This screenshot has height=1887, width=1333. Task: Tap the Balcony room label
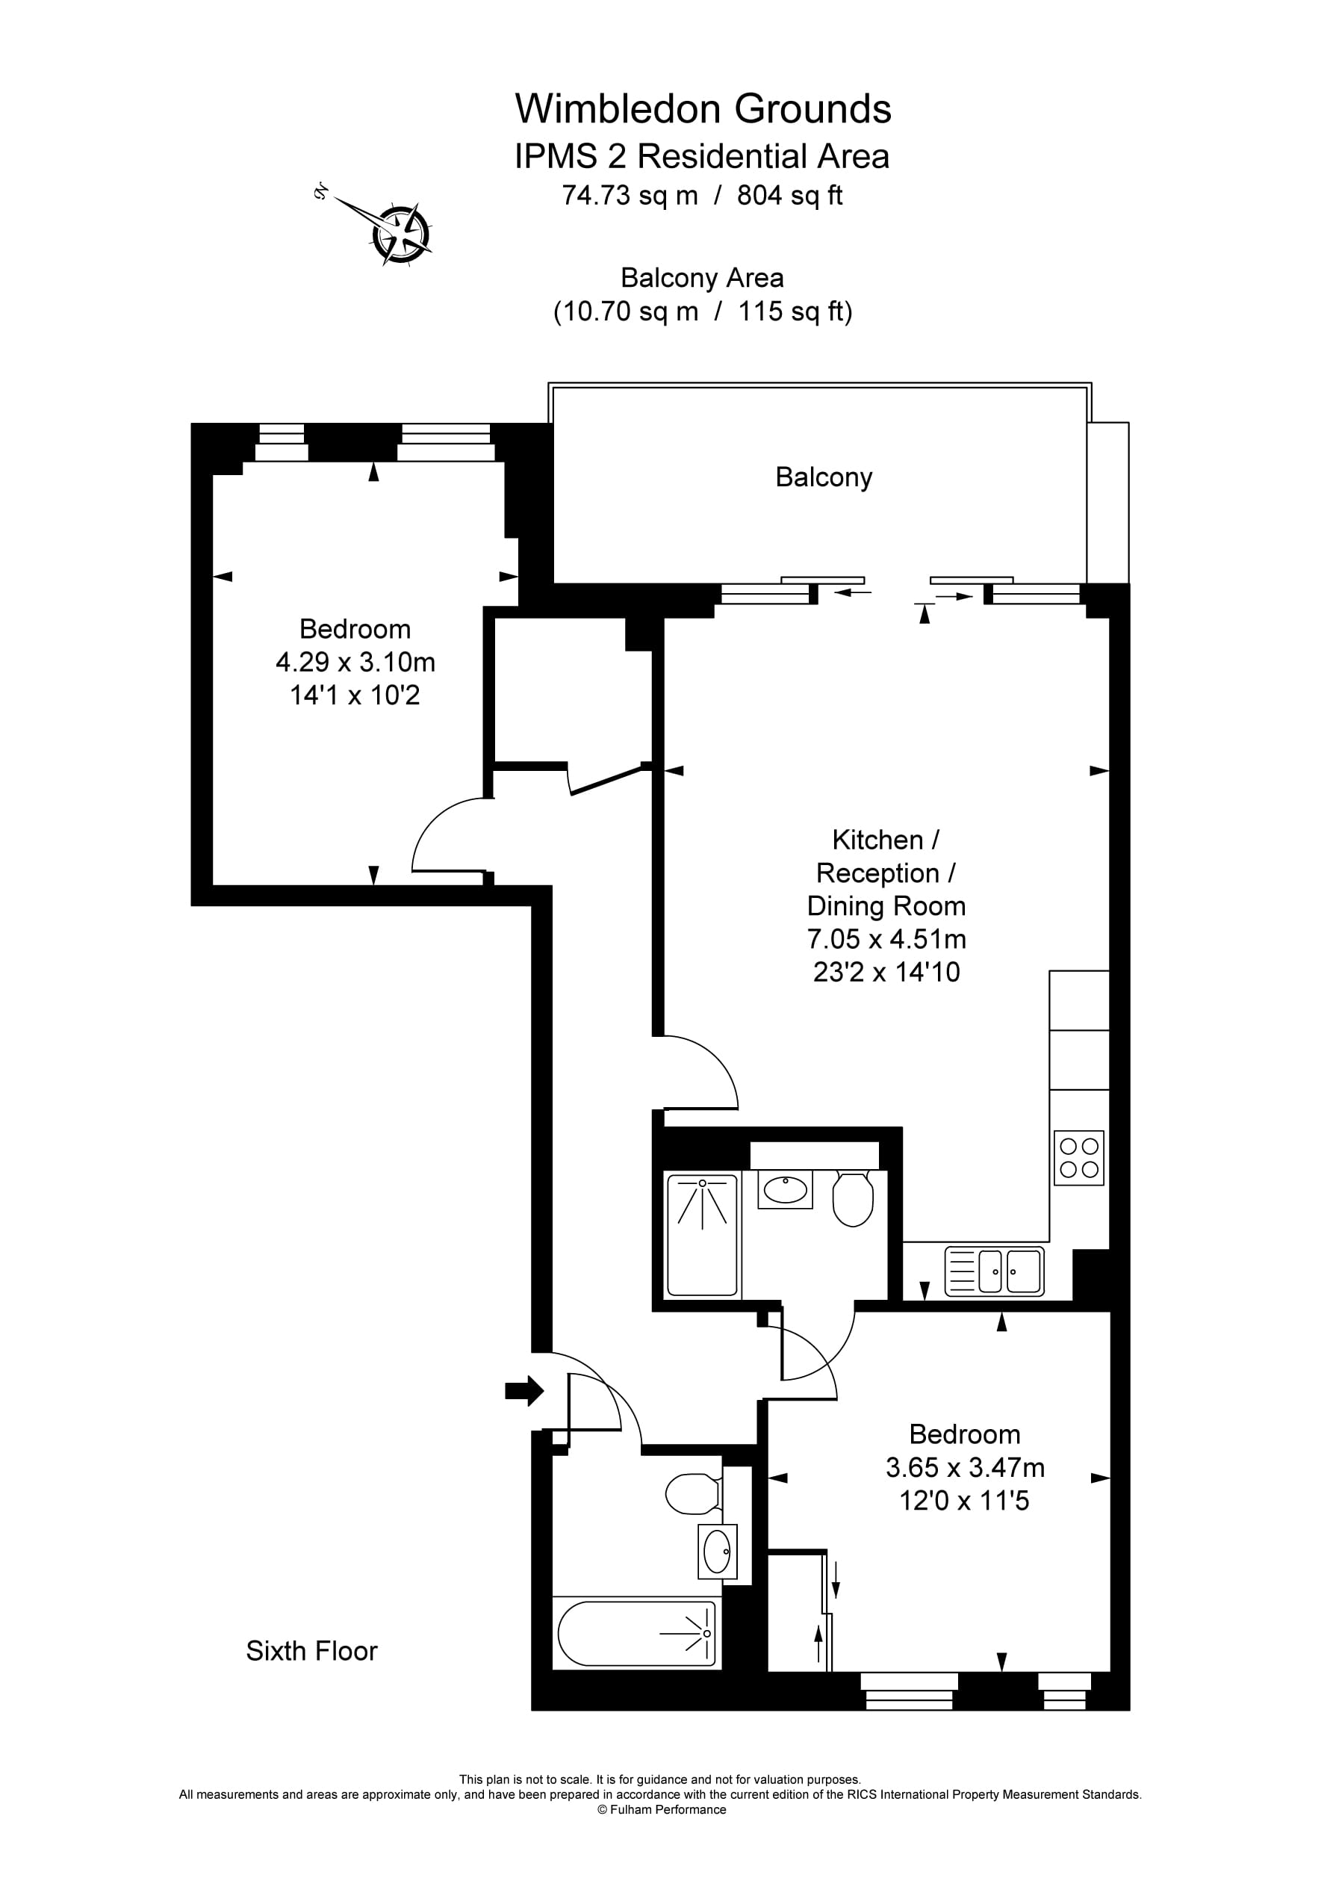[824, 477]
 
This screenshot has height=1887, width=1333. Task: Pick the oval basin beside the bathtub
[717, 1551]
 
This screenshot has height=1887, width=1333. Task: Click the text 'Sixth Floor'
[311, 1650]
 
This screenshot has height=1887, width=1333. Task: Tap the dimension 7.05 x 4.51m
[886, 938]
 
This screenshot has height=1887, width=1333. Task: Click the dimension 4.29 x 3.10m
[355, 662]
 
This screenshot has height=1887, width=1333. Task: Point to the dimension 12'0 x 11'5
[964, 1501]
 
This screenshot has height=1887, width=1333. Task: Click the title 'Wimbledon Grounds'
[703, 108]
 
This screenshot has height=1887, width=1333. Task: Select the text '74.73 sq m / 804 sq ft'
[702, 196]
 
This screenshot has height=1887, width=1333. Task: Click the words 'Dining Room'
[886, 905]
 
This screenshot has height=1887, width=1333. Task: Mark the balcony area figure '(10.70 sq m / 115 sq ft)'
[703, 312]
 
